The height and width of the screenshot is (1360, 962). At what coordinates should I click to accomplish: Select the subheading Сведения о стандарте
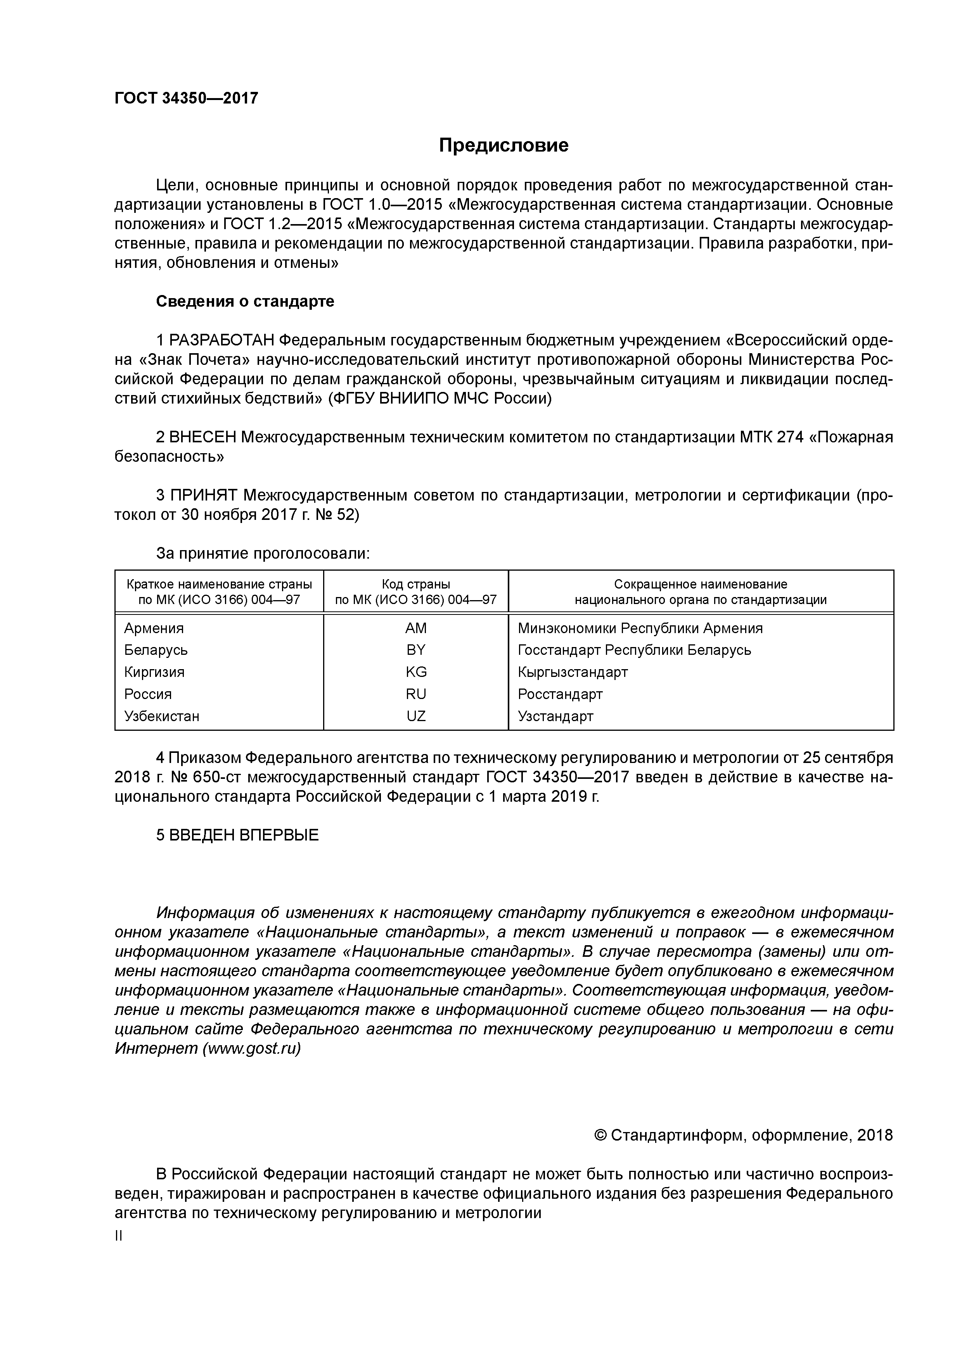click(x=245, y=302)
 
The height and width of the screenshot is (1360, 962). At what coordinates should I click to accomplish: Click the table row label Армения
click(x=154, y=628)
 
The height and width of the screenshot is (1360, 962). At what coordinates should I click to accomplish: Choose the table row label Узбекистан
click(x=162, y=716)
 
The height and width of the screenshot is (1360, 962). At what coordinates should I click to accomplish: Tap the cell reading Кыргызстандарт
click(x=573, y=672)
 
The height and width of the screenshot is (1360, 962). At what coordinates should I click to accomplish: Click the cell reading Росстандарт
click(x=560, y=694)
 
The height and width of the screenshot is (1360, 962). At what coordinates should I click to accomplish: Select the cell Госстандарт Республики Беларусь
click(x=634, y=650)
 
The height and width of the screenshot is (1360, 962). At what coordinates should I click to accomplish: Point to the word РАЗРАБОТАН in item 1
click(x=221, y=341)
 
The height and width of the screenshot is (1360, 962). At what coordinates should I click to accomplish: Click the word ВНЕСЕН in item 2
click(x=203, y=437)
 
